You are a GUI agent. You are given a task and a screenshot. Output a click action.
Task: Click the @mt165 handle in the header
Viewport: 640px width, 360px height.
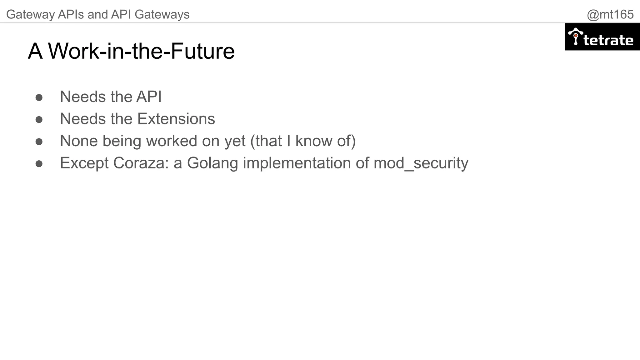(x=610, y=14)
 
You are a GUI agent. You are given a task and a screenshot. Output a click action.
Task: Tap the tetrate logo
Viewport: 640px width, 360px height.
(x=602, y=37)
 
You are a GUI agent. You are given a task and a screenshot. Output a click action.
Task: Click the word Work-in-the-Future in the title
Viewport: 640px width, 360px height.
(x=141, y=51)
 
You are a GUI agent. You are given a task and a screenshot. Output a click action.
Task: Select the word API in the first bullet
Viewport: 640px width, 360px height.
(x=149, y=97)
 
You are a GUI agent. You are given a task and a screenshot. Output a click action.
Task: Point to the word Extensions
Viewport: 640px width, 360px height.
(x=176, y=119)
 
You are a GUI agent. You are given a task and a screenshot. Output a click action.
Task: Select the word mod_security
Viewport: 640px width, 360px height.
(x=421, y=163)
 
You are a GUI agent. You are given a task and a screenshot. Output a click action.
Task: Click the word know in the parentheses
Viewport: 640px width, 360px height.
(x=313, y=141)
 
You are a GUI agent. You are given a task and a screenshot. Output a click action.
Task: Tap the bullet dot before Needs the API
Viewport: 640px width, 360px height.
(x=39, y=97)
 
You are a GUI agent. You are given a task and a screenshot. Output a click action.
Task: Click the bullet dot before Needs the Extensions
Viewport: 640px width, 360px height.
(x=39, y=120)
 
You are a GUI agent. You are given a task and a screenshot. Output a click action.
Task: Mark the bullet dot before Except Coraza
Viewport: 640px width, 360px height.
(x=39, y=164)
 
